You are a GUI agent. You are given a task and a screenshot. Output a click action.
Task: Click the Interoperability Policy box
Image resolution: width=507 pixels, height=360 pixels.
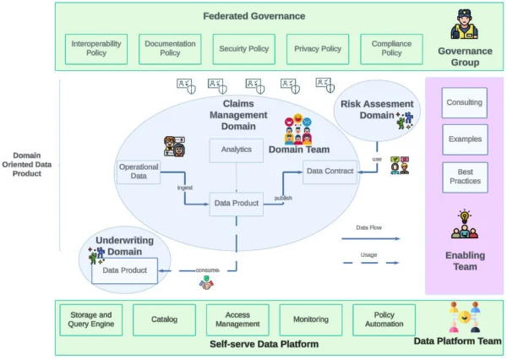pos(95,48)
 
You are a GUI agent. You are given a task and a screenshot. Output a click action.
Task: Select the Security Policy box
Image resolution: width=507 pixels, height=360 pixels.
pos(244,48)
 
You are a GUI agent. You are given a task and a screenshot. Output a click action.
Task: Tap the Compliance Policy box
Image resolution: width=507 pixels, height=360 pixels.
pos(391,48)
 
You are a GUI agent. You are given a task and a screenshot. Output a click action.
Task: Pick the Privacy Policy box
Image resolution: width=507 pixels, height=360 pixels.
pos(318,48)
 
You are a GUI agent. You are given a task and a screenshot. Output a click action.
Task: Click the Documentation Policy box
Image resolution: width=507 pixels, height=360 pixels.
pos(170,48)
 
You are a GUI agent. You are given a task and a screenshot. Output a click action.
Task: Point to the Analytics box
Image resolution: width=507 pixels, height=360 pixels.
pos(237,150)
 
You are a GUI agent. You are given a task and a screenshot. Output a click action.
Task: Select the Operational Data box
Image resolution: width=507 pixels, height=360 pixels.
pos(139,172)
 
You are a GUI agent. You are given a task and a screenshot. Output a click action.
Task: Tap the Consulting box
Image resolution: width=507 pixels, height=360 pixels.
pos(465,103)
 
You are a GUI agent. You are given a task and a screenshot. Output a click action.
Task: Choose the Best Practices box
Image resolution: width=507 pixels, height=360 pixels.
pos(465,177)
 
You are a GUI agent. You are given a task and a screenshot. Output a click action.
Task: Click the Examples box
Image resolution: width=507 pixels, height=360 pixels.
pos(465,139)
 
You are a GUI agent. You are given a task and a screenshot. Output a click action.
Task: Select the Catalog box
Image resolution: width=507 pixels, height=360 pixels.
pos(164,320)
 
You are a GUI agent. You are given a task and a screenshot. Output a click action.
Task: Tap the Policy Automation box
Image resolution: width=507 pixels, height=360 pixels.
pos(384,319)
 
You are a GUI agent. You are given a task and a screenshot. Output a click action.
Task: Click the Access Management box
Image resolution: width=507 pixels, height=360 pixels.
pos(237,319)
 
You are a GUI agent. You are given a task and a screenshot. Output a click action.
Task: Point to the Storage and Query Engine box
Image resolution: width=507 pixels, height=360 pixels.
pos(90,319)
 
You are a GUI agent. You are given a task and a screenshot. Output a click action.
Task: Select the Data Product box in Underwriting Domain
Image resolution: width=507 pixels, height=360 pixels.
pos(124,270)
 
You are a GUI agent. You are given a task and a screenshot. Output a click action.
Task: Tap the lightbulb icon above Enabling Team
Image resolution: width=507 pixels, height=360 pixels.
pos(464,215)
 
